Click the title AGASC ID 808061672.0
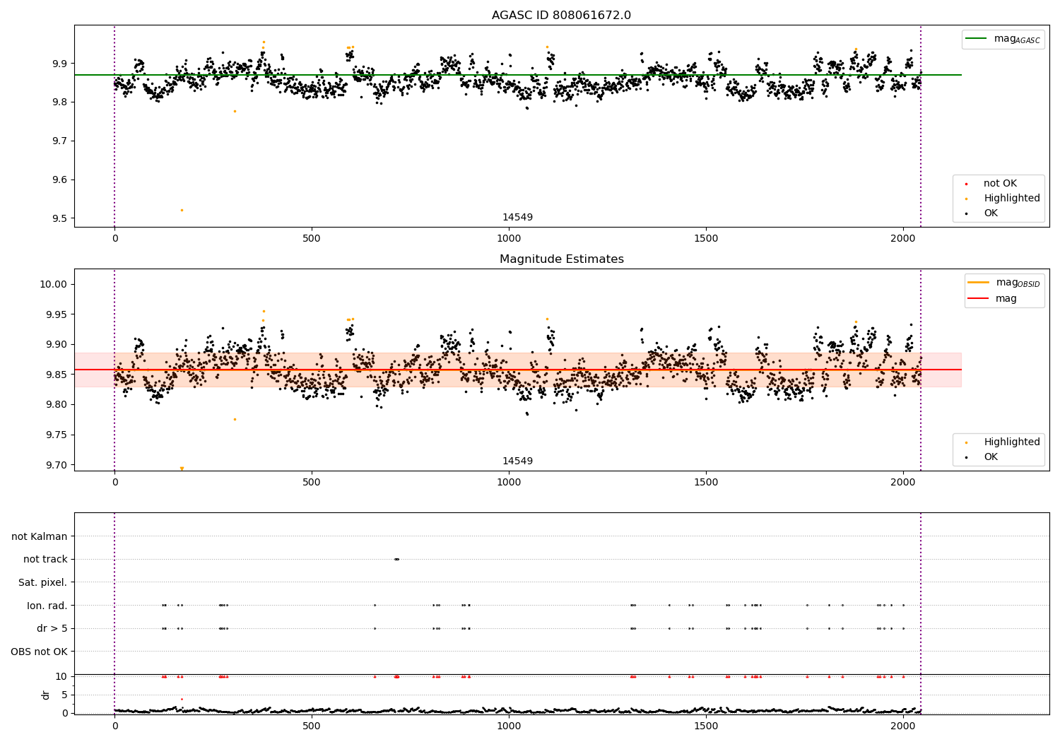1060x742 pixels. (561, 16)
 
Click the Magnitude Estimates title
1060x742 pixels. (561, 259)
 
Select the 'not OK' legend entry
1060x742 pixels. (1000, 184)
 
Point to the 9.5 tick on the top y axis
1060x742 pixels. (59, 218)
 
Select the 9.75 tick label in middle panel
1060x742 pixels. (55, 435)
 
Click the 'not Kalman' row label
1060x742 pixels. (39, 536)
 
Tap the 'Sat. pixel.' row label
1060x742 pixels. (42, 582)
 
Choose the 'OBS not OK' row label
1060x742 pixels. (39, 652)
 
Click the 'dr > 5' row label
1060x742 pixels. (52, 628)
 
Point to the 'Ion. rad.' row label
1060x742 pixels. (47, 606)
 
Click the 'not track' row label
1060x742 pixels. (45, 559)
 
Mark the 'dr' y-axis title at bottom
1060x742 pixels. (46, 695)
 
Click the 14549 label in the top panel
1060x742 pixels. (517, 217)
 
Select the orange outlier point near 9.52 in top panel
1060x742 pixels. (182, 210)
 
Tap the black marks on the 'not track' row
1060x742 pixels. (396, 559)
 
